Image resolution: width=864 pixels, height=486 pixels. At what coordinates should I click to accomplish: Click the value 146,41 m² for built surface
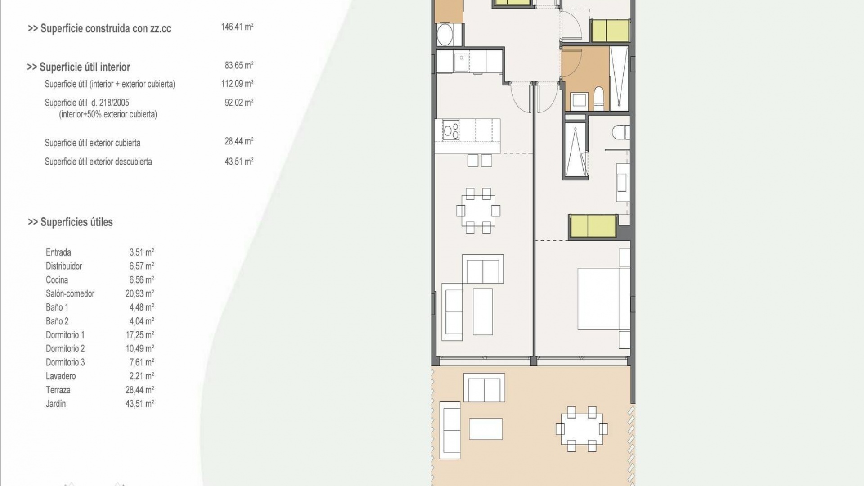[237, 27]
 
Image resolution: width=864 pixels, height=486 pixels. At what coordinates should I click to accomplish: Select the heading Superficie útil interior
[79, 67]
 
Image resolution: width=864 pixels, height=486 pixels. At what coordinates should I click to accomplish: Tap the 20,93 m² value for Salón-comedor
[139, 293]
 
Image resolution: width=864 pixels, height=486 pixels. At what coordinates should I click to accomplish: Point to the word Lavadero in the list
[61, 376]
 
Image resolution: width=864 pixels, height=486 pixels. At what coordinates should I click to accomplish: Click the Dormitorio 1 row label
[65, 335]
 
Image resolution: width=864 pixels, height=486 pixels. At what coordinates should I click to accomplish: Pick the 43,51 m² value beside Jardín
[139, 404]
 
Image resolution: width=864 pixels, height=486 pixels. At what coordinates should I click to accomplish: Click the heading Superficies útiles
[71, 222]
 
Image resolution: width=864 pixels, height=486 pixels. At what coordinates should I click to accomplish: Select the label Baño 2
[57, 321]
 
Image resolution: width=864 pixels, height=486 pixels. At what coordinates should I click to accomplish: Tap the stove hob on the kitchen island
[451, 130]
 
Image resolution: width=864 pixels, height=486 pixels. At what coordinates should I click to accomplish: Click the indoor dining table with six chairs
[478, 211]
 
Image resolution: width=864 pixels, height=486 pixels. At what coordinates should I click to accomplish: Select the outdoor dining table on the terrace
[581, 429]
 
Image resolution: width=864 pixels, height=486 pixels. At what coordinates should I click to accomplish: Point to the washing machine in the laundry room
[445, 34]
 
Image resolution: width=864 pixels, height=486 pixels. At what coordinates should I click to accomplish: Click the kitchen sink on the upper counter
[462, 63]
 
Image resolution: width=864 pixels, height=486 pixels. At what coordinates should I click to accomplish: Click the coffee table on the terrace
[486, 429]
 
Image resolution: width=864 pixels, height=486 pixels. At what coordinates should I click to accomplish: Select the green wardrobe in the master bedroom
[593, 226]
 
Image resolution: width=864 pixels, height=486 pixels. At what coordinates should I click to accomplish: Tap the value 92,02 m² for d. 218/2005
[239, 103]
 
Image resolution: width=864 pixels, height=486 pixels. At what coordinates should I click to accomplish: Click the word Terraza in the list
[58, 390]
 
